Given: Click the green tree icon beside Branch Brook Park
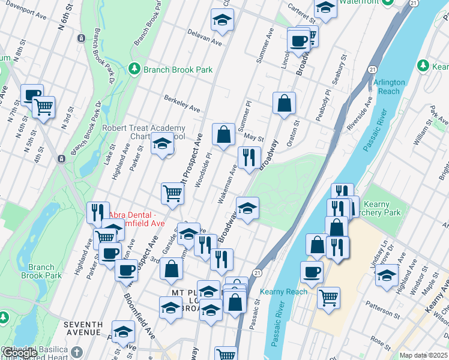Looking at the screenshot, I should pyautogui.click(x=136, y=70).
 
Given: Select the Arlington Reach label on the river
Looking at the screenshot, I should pyautogui.click(x=389, y=86).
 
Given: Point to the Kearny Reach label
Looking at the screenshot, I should pyautogui.click(x=283, y=292).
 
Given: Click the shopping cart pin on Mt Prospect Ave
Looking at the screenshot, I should pyautogui.click(x=172, y=193).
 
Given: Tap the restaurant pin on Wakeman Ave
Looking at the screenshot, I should pyautogui.click(x=249, y=157).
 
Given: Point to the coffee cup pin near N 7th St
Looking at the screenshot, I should pyautogui.click(x=32, y=94).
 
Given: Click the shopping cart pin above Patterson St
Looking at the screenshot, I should pyautogui.click(x=328, y=297).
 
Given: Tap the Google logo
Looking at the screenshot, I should pyautogui.click(x=19, y=353).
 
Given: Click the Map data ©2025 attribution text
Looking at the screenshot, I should pyautogui.click(x=423, y=355).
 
